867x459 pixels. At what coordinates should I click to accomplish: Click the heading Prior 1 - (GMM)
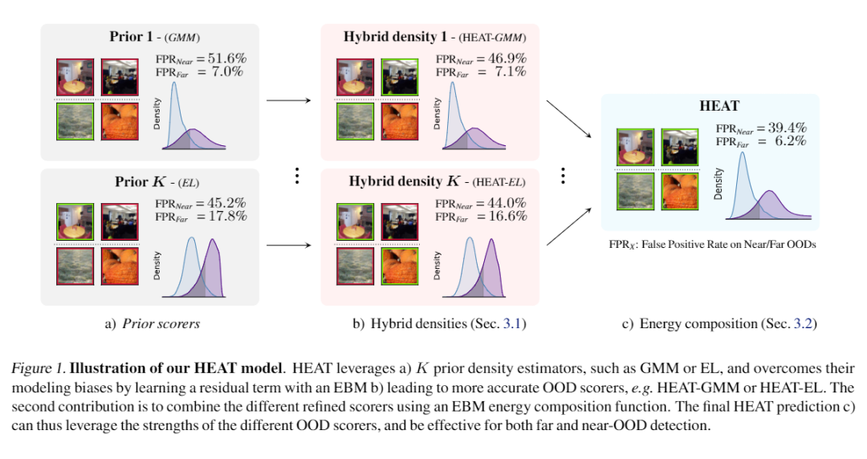point(155,37)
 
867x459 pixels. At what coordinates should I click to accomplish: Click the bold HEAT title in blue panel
point(719,106)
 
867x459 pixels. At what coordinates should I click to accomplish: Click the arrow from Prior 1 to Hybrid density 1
point(288,101)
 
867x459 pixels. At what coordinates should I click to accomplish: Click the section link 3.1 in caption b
point(511,324)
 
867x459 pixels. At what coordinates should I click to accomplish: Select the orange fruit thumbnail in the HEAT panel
point(682,192)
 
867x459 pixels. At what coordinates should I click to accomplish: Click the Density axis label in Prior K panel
point(157,266)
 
